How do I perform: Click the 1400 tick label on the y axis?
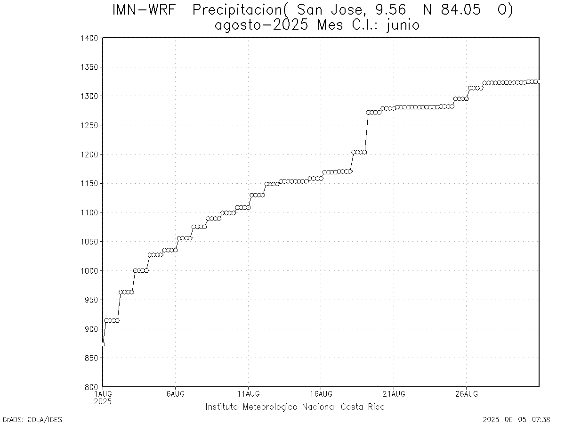(x=89, y=38)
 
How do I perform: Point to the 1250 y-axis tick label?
(x=89, y=125)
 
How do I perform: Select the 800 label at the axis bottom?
(x=91, y=387)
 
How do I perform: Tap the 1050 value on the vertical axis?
(x=89, y=242)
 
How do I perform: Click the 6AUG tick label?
(x=176, y=394)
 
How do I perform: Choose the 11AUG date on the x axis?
(x=249, y=394)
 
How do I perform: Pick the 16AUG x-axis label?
(x=321, y=394)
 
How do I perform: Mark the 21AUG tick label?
(x=394, y=394)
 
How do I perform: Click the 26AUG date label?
(x=467, y=394)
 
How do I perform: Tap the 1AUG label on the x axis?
(x=103, y=394)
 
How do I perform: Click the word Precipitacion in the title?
(x=237, y=10)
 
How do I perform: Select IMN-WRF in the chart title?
(x=144, y=10)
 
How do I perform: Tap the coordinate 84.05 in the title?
(x=460, y=10)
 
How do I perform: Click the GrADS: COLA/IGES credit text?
(x=32, y=420)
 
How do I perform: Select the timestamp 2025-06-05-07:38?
(x=517, y=420)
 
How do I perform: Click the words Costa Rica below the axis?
(x=363, y=407)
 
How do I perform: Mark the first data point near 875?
(x=103, y=344)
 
